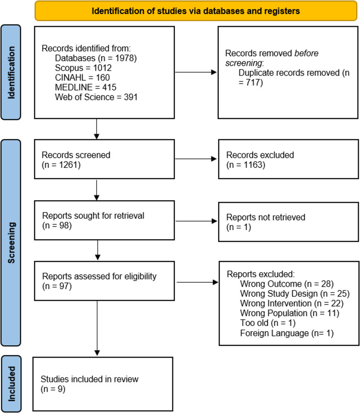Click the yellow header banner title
tap(196, 11)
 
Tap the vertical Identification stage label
tap(11, 73)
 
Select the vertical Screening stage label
tap(11, 242)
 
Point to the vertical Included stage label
tap(11, 384)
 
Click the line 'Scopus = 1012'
tap(83, 68)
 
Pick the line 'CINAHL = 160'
tap(82, 77)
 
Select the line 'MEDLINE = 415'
tap(86, 87)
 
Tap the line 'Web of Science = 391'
tap(96, 97)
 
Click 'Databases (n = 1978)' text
tap(96, 58)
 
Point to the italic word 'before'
tap(306, 53)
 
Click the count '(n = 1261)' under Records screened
tap(61, 165)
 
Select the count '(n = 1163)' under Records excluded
tap(246, 165)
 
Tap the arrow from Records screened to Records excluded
tap(196, 159)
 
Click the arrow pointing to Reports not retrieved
tap(196, 221)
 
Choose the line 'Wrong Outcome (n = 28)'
tap(287, 284)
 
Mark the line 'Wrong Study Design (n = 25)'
tap(295, 293)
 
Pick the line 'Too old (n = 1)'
tap(268, 323)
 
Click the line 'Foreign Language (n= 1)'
tap(287, 333)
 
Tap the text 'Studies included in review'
tap(90, 379)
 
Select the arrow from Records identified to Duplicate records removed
tap(196, 72)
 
